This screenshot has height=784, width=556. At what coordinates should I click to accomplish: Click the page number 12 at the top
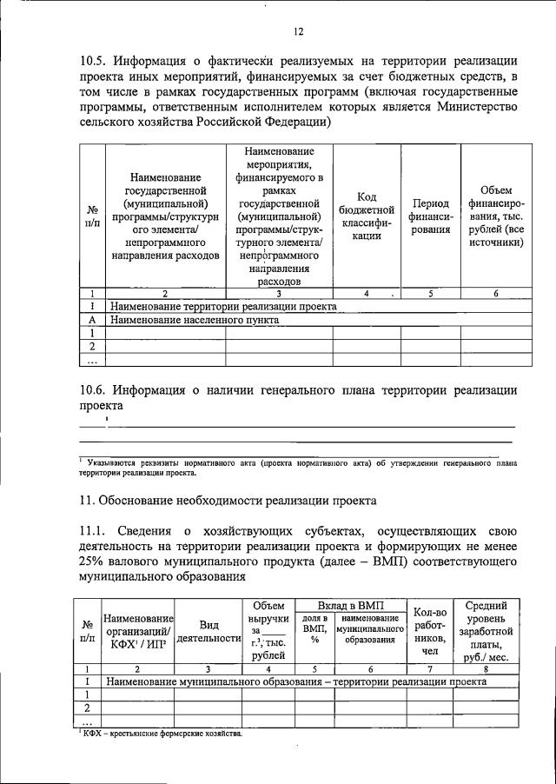tap(298, 31)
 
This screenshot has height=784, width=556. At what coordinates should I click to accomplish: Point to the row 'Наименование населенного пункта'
tap(195, 320)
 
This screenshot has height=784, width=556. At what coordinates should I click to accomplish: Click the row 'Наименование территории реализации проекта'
tap(223, 307)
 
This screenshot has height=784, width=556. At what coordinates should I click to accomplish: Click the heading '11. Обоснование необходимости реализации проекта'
tap(228, 501)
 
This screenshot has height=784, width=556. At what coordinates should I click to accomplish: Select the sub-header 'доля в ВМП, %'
tap(314, 632)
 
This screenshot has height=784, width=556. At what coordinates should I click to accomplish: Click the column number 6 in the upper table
tap(496, 294)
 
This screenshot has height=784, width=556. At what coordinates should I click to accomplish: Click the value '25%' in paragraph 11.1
tap(94, 560)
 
